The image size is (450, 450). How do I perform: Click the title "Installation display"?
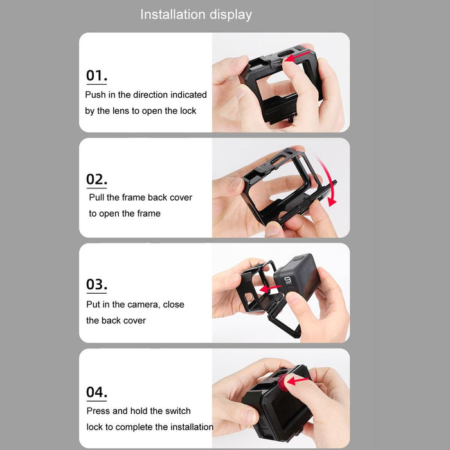point(196,14)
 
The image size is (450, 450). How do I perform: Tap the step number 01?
point(96,75)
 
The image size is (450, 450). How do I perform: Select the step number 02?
point(96,179)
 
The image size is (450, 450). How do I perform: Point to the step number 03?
point(96,284)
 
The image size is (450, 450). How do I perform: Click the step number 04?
point(96,392)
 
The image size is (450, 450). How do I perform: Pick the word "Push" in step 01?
point(95,94)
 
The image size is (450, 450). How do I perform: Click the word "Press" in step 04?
point(98,411)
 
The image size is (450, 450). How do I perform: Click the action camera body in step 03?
point(296,277)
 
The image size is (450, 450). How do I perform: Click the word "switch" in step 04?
point(177,411)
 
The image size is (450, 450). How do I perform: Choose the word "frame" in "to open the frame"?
point(148,213)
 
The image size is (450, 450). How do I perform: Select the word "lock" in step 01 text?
point(188,111)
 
